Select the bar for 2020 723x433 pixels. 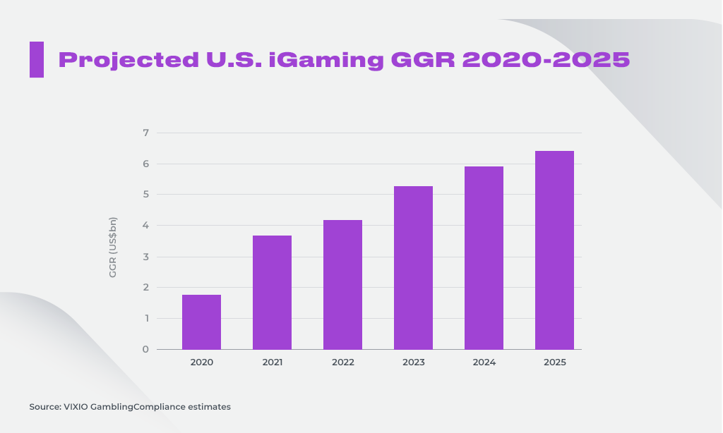(201, 322)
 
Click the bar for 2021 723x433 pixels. (272, 293)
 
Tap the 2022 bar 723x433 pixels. (342, 285)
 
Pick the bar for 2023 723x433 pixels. (413, 268)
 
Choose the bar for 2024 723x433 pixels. (484, 258)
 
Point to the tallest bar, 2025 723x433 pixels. (554, 250)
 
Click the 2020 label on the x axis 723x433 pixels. (201, 362)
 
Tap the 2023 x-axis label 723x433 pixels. (413, 362)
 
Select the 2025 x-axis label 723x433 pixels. (554, 362)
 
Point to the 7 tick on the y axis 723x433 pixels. (145, 133)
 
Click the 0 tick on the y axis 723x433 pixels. (145, 349)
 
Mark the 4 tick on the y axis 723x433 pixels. (145, 226)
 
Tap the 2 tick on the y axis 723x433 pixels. (145, 287)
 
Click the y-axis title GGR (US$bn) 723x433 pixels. (113, 247)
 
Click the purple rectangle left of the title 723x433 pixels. (37, 59)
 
